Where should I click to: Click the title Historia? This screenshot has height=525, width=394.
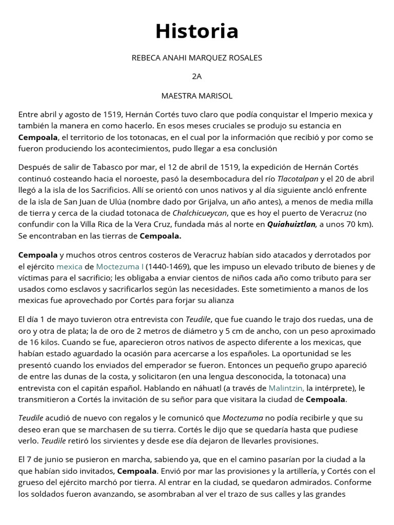coord(197,31)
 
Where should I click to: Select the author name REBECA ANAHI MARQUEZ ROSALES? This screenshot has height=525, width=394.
coord(197,58)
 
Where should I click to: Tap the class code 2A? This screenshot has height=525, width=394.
coord(197,77)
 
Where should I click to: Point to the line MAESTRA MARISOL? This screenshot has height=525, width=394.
coord(197,96)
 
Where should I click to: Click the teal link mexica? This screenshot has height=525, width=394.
coord(69,266)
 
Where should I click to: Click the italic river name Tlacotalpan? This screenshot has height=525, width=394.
coord(298,179)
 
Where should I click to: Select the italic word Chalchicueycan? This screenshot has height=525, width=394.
coord(202,213)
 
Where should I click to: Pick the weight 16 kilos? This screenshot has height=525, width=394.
coord(46,342)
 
